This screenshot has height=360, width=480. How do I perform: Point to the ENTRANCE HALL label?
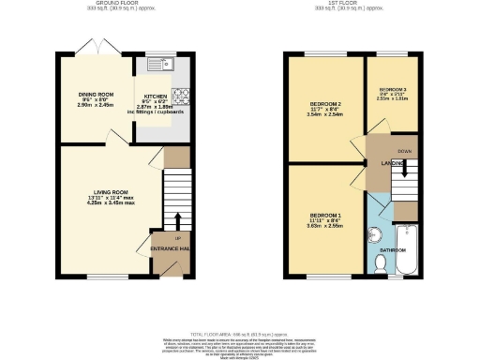171,247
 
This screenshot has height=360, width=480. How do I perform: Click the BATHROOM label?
391,250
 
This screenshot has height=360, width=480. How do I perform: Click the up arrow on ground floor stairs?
178,221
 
